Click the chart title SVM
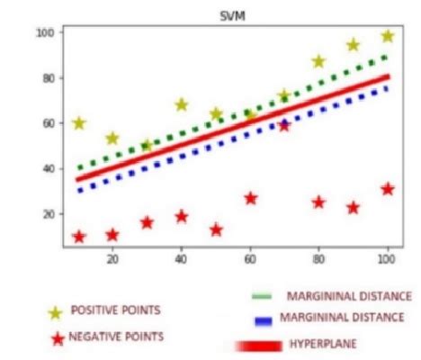(x=232, y=17)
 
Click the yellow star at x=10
(x=78, y=122)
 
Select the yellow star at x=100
(x=388, y=36)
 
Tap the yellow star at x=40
(x=182, y=104)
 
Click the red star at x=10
(x=78, y=237)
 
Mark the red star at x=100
(x=388, y=189)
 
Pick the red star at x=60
(x=251, y=198)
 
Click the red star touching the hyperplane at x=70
(x=284, y=125)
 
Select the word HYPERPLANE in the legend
(x=324, y=344)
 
